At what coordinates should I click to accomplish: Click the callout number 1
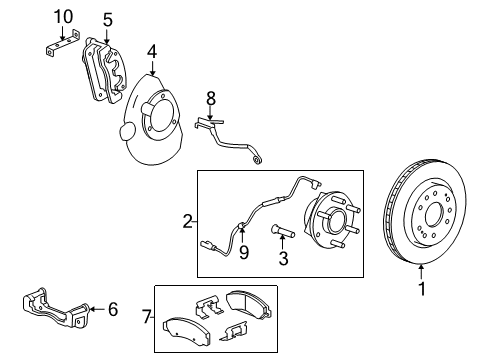tap(421, 292)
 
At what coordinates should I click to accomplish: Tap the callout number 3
tap(282, 260)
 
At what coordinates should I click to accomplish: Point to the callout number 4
tap(151, 50)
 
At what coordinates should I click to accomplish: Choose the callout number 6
tap(112, 310)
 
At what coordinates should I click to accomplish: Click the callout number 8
tap(210, 98)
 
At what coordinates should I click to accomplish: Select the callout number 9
tap(242, 251)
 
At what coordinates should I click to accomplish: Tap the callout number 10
tap(63, 16)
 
